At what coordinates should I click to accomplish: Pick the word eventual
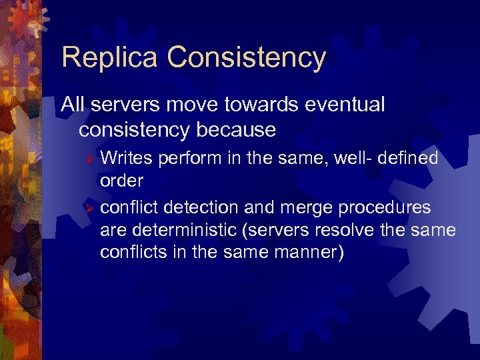coord(347,105)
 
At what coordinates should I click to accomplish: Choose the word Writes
coord(126,158)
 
